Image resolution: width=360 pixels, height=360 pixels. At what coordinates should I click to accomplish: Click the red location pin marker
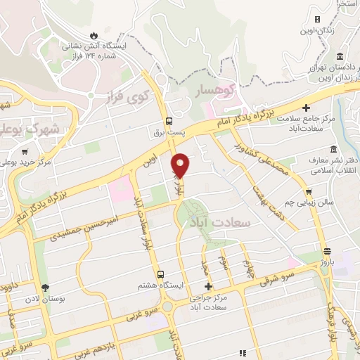181,165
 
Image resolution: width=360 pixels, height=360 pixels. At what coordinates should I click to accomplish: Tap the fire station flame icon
94,34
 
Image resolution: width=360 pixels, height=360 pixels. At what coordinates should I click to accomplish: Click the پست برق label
169,131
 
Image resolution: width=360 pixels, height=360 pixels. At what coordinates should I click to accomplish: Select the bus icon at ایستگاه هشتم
161,274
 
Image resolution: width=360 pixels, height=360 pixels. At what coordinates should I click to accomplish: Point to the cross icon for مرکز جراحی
208,286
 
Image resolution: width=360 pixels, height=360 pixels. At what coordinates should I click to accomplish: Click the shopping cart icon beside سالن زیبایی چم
309,191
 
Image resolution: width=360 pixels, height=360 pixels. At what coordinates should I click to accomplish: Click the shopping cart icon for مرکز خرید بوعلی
25,151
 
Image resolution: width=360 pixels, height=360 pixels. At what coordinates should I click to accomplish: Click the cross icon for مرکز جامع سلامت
306,108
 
